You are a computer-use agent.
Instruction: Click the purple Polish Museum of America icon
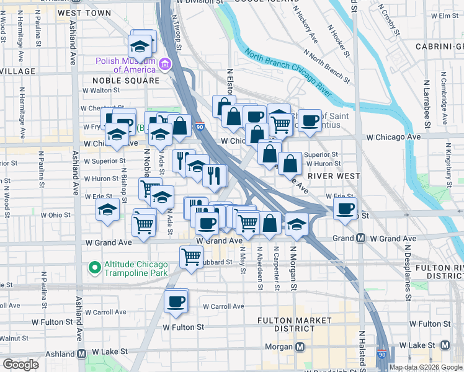(x=165, y=64)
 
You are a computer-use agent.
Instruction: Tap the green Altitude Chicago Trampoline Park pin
(x=94, y=268)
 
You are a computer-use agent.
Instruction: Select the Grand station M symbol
(x=360, y=239)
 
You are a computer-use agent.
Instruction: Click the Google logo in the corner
(x=20, y=365)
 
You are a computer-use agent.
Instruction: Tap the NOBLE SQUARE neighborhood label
(x=126, y=81)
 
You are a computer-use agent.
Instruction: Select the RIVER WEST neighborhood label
(x=337, y=176)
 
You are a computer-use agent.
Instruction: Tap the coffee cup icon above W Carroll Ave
(x=176, y=301)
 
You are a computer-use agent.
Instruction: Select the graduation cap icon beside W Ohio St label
(x=107, y=210)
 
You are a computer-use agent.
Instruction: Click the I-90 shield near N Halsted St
(x=381, y=353)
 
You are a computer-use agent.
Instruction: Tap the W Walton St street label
(x=104, y=91)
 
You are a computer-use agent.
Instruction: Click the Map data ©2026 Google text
(x=425, y=367)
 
